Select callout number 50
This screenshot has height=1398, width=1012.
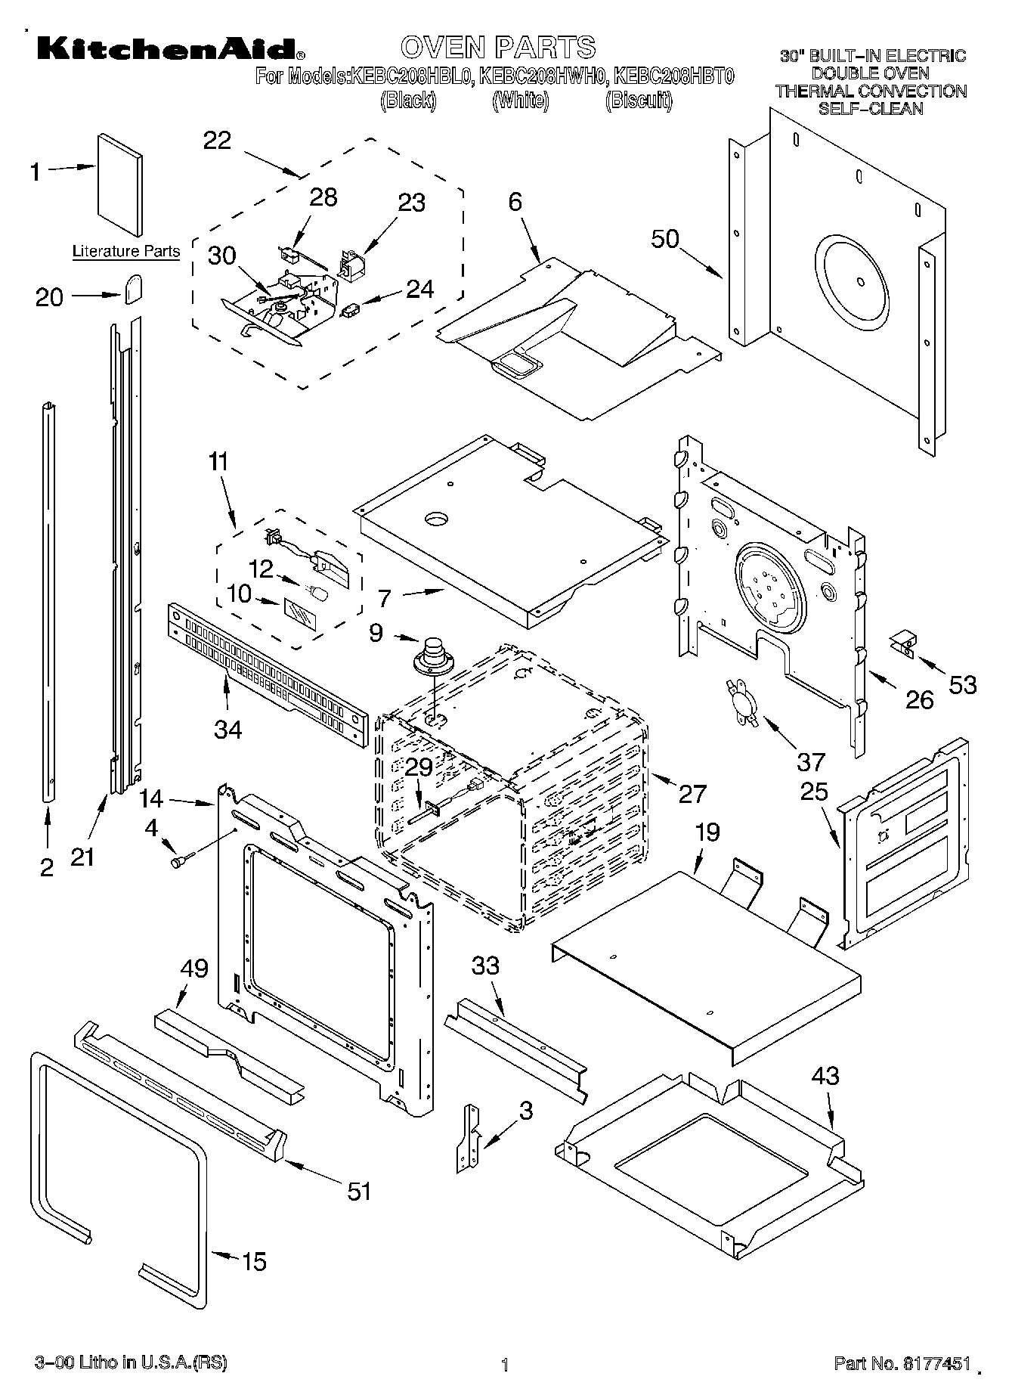point(666,239)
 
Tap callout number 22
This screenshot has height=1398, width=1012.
point(217,141)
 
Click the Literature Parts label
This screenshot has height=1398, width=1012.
point(126,252)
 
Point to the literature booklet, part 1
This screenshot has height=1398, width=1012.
point(119,185)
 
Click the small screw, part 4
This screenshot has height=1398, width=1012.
point(182,859)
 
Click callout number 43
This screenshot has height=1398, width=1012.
point(825,1075)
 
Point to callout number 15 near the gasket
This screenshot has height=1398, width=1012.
point(254,1261)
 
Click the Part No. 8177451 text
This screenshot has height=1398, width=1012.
point(902,1363)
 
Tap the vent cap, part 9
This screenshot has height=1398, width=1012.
point(433,655)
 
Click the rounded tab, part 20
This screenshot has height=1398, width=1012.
point(134,288)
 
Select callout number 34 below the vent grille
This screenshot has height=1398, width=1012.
point(227,730)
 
